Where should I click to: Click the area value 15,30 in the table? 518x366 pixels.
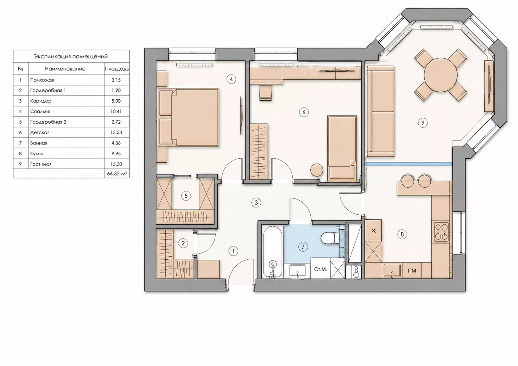point(116,164)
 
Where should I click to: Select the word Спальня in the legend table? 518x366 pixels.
point(40,111)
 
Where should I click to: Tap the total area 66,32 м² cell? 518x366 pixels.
point(117,174)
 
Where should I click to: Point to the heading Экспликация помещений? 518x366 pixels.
point(70,57)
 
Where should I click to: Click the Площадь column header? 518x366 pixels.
point(117,69)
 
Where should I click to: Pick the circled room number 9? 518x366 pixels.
point(423,123)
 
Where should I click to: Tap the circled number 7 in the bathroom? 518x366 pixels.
point(303,247)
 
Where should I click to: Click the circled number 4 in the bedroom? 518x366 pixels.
point(231,80)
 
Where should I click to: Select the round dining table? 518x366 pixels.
point(441,75)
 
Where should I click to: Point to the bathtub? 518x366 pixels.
point(273,252)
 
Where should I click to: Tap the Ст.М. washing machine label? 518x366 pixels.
point(320,269)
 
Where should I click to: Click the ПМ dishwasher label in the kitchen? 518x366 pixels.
point(412,271)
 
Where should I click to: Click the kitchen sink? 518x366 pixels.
point(392,271)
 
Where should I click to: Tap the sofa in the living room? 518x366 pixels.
point(381,111)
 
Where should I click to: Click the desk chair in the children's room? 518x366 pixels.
point(266,92)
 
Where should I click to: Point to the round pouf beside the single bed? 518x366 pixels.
point(317,170)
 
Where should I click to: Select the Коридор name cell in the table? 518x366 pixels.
point(41,101)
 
